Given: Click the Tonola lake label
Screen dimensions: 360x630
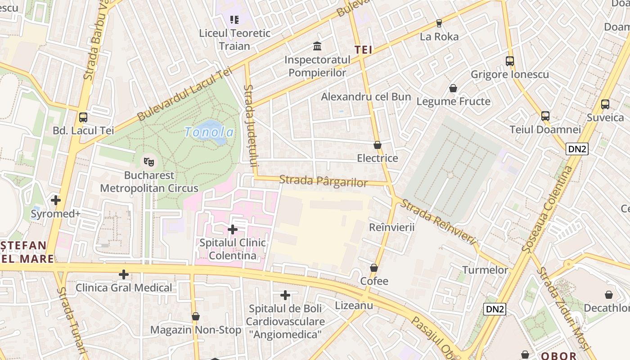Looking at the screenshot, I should (x=209, y=132).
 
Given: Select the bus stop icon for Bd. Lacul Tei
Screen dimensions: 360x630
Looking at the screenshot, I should (x=83, y=117).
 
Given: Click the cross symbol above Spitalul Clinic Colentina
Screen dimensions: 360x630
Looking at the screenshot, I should (x=233, y=229).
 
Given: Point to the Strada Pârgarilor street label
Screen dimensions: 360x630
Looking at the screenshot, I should (x=323, y=181).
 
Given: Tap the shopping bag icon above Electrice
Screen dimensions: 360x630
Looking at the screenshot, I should (x=378, y=145).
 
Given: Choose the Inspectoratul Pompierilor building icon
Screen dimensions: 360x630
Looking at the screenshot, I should (x=317, y=46).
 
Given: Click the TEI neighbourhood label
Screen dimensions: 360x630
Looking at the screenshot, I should (x=364, y=50).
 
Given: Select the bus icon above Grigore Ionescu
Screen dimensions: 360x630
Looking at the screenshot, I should (x=510, y=61).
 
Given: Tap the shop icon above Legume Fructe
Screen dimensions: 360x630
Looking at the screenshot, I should (x=453, y=88).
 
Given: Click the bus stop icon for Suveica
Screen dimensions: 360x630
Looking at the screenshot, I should (x=605, y=104).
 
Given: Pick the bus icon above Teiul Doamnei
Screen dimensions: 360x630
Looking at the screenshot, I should (x=545, y=116).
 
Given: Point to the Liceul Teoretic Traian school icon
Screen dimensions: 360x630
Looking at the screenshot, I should (x=234, y=20).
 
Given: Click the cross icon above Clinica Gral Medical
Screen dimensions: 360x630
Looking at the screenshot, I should (x=124, y=274).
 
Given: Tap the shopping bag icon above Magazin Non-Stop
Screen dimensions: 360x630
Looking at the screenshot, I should (x=196, y=317).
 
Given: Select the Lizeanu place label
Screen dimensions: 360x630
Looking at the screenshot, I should (x=354, y=306).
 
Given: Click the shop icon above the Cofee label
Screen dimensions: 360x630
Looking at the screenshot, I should (x=374, y=268).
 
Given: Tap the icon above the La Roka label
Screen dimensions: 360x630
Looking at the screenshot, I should (x=439, y=23).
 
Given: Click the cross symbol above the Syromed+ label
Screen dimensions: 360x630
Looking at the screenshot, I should (x=56, y=200).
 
